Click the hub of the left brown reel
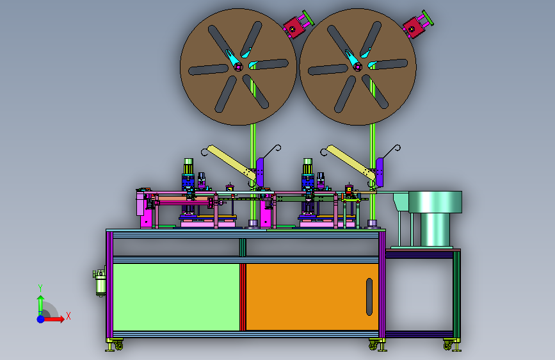pos(238,67)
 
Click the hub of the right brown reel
pos(357,67)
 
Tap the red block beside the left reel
pos(294,27)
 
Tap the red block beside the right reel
pos(414,27)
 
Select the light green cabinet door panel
pos(176,297)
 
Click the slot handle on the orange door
pos(369,297)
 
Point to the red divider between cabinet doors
pos(243,297)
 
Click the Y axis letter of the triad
pos(40,288)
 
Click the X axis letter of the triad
pos(68,316)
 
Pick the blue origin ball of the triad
pos(41,319)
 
